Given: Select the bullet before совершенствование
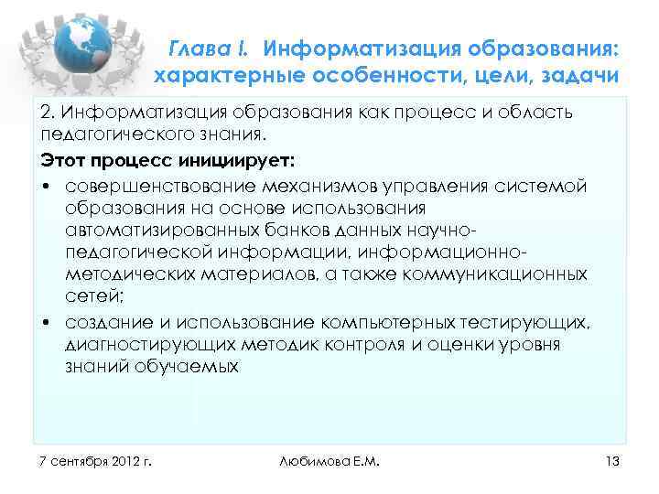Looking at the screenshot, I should pyautogui.click(x=46, y=186).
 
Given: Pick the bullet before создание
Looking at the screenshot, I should pyautogui.click(x=46, y=324).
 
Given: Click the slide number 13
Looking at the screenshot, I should pyautogui.click(x=612, y=460).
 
